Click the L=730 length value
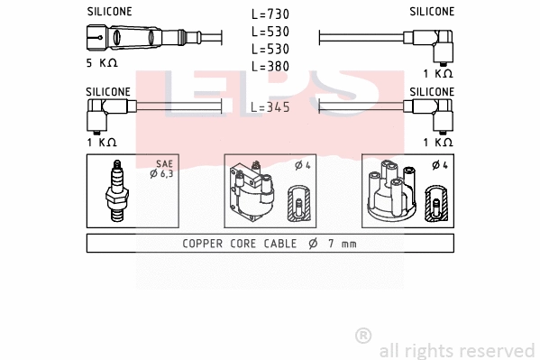point(270,15)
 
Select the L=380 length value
point(270,66)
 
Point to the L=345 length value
point(270,107)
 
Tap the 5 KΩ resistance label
point(101,63)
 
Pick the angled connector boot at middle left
point(105,115)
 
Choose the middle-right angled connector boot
point(435,115)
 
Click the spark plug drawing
point(116,191)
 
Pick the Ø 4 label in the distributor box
point(438,164)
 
